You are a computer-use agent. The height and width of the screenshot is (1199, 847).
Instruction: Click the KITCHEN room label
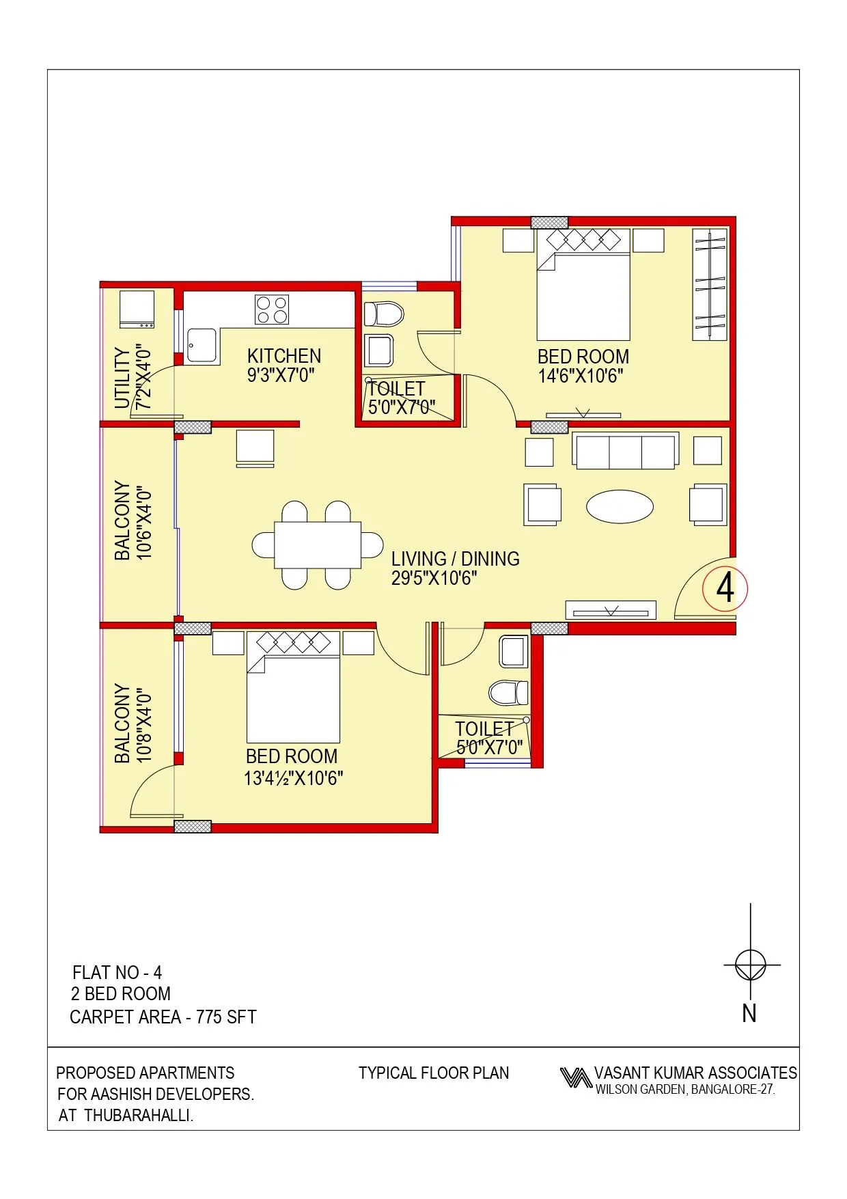coord(284,356)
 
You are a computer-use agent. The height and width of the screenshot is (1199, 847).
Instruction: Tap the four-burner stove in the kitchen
coord(272,309)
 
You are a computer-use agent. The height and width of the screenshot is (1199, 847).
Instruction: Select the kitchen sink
coord(202,345)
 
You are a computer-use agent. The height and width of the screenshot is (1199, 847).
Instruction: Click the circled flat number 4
coord(725,588)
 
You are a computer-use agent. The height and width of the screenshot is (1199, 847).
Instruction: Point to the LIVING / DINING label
coord(455,559)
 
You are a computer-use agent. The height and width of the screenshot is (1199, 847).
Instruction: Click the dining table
coord(318,545)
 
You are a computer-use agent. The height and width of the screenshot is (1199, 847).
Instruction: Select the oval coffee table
coord(620,507)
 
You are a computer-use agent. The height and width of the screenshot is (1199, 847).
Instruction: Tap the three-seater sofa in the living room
coord(626,452)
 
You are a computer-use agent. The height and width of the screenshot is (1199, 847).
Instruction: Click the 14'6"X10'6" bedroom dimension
coord(581,376)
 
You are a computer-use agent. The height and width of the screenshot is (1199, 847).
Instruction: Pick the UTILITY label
coord(122,378)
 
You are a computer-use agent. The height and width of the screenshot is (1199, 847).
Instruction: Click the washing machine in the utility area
coord(137,309)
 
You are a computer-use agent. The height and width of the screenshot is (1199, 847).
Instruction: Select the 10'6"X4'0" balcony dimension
coord(144,523)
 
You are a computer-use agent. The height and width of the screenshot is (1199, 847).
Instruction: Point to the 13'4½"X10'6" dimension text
coord(294,778)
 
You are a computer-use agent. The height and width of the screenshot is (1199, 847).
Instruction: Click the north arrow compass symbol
coord(751,965)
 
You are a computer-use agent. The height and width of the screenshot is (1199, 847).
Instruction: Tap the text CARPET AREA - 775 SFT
coord(163,1017)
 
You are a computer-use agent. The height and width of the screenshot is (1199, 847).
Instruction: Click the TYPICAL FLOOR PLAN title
coord(434,1073)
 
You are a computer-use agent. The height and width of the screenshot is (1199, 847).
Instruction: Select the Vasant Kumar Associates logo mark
coord(576,1078)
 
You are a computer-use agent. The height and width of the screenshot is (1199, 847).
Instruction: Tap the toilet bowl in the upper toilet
coord(385,314)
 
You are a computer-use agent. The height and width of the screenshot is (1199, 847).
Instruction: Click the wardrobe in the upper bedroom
coord(710,285)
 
